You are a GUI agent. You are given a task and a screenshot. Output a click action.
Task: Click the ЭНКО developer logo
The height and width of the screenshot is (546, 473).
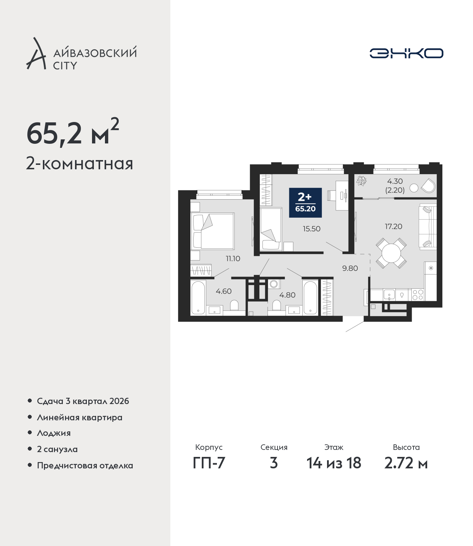pyautogui.click(x=406, y=53)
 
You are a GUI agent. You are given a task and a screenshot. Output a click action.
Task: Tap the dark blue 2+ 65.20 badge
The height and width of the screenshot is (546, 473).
pyautogui.click(x=305, y=203)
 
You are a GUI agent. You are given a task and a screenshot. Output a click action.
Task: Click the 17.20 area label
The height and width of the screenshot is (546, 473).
pyautogui.click(x=393, y=226)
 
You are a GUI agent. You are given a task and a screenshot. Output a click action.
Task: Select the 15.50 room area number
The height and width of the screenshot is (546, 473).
pyautogui.click(x=312, y=229)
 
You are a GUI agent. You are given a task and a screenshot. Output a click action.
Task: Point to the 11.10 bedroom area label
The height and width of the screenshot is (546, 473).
pyautogui.click(x=233, y=259)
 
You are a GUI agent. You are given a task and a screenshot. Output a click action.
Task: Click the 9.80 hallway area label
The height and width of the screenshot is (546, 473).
pyautogui.click(x=350, y=268)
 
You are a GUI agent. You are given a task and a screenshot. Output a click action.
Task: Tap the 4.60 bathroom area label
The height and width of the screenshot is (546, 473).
pyautogui.click(x=224, y=291)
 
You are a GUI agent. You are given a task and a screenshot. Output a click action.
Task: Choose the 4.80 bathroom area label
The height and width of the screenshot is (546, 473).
pyautogui.click(x=287, y=295)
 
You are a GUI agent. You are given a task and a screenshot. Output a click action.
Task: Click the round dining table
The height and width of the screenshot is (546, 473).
pyautogui.click(x=391, y=253)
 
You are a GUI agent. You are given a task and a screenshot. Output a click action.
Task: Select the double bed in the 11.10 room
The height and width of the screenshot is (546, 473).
pyautogui.click(x=212, y=231)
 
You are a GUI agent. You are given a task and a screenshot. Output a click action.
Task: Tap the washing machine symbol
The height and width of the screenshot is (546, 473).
pyautogui.click(x=274, y=284)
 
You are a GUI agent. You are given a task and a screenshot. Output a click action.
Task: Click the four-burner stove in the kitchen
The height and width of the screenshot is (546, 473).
pyautogui.click(x=418, y=295)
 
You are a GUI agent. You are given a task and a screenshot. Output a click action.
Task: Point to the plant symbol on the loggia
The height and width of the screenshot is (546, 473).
pyautogui.click(x=361, y=181)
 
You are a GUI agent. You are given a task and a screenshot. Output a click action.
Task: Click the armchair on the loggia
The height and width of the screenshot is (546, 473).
pyautogui.click(x=428, y=186)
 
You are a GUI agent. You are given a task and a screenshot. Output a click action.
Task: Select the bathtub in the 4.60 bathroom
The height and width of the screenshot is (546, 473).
pyautogui.click(x=198, y=298)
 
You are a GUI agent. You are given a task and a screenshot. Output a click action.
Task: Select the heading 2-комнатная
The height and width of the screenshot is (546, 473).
pyautogui.click(x=79, y=164)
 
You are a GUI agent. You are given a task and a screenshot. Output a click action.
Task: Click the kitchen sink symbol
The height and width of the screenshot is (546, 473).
pyautogui.click(x=389, y=295)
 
